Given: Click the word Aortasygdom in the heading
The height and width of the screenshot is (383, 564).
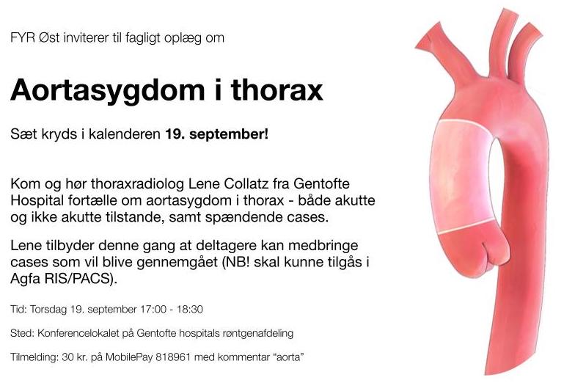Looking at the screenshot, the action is pyautogui.click(x=108, y=90).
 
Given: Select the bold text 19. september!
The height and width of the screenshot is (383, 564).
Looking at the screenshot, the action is pyautogui.click(x=217, y=134).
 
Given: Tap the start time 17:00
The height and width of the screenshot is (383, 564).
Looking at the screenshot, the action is pyautogui.click(x=153, y=309).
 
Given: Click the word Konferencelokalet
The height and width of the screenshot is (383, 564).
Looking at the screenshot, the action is pyautogui.click(x=78, y=333).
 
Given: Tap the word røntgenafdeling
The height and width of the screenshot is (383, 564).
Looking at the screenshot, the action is pyautogui.click(x=258, y=334).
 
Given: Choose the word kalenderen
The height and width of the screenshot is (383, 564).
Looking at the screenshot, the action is pyautogui.click(x=125, y=134).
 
